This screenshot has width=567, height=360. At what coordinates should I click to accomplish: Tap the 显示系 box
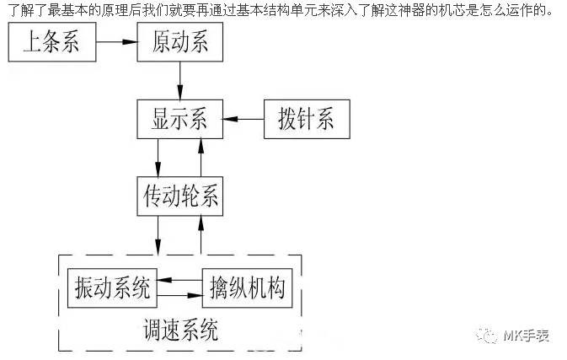(x=179, y=119)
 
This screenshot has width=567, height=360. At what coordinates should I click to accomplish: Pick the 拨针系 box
(x=307, y=119)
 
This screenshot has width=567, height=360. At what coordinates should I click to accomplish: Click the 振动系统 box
(x=113, y=289)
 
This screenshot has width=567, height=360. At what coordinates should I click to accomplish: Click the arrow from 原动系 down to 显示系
(x=180, y=80)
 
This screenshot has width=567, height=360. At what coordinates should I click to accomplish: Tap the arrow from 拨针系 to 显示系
(x=243, y=120)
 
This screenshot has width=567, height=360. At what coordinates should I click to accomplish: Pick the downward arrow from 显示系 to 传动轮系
(x=158, y=158)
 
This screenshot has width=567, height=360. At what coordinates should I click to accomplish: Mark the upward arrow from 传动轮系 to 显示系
(x=201, y=158)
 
